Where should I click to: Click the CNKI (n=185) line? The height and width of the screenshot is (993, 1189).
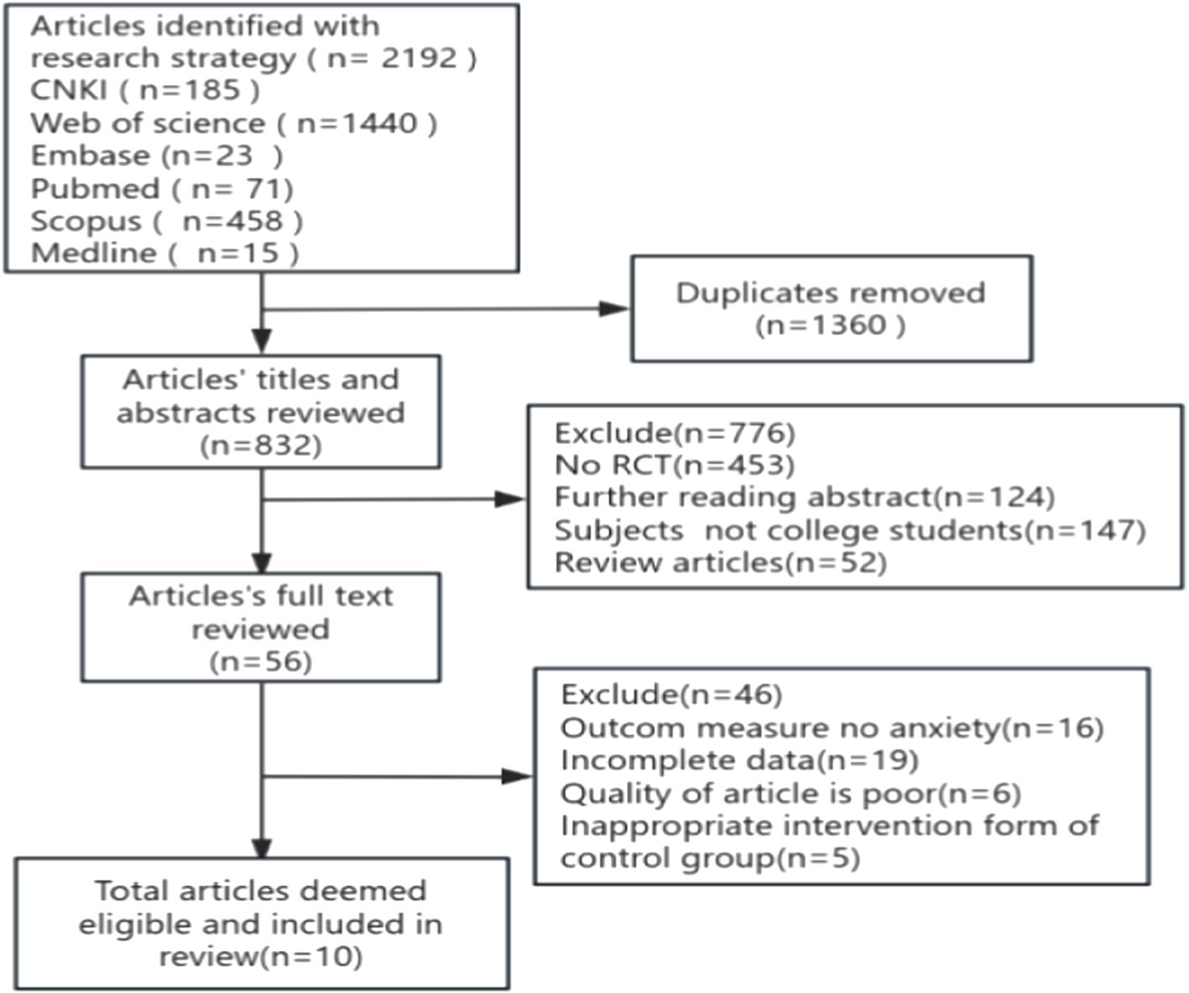[144, 90]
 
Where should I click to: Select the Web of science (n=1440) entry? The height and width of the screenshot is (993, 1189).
[233, 123]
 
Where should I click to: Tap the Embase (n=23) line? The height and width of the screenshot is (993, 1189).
[156, 155]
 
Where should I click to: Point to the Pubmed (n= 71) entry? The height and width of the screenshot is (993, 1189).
[161, 188]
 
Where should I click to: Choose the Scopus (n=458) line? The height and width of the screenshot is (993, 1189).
[166, 221]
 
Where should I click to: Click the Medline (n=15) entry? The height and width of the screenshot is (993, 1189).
[164, 253]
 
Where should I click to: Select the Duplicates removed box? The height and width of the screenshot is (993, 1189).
[831, 308]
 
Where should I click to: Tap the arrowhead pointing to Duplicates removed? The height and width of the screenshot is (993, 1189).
[613, 309]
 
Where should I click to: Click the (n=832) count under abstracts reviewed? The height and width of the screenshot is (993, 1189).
[260, 445]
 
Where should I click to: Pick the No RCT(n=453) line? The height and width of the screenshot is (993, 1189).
[674, 465]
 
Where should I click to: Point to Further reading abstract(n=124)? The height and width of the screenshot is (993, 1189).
[804, 497]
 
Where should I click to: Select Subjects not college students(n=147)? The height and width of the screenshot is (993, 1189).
[849, 530]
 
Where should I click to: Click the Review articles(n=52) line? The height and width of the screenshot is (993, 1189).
[720, 562]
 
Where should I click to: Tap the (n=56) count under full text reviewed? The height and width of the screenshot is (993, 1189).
[260, 661]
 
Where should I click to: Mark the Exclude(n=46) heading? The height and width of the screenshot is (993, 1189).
[671, 694]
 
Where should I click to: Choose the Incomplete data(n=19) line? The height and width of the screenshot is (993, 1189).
[739, 760]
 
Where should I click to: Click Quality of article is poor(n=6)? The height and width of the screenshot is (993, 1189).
[790, 793]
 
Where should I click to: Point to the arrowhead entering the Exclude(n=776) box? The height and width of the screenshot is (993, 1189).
[511, 499]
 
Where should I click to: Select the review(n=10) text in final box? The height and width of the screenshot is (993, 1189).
[260, 956]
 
